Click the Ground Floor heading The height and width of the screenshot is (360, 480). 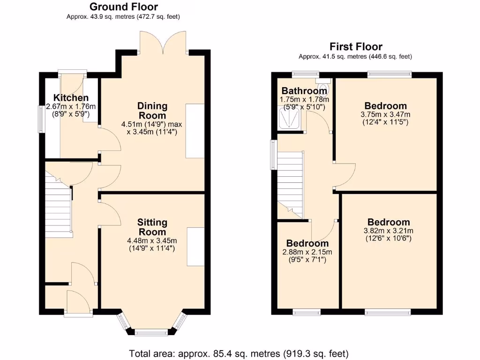[x=123, y=7]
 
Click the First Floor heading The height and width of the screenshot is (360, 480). [x=356, y=46]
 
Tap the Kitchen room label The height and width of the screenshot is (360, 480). [x=71, y=98]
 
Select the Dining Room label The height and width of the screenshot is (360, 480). [x=152, y=111]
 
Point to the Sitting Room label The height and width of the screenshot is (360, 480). [x=152, y=227]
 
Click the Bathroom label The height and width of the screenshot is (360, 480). [x=304, y=91]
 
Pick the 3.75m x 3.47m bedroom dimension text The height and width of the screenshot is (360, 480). [x=386, y=114]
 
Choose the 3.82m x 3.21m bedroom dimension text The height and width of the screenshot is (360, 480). [x=388, y=231]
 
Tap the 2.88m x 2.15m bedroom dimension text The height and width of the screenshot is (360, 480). [x=307, y=252]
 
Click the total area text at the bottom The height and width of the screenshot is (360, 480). [x=239, y=353]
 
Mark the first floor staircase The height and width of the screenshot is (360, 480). [x=290, y=183]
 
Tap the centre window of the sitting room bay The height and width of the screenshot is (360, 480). [x=151, y=333]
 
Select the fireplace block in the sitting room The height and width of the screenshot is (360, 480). [x=195, y=247]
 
